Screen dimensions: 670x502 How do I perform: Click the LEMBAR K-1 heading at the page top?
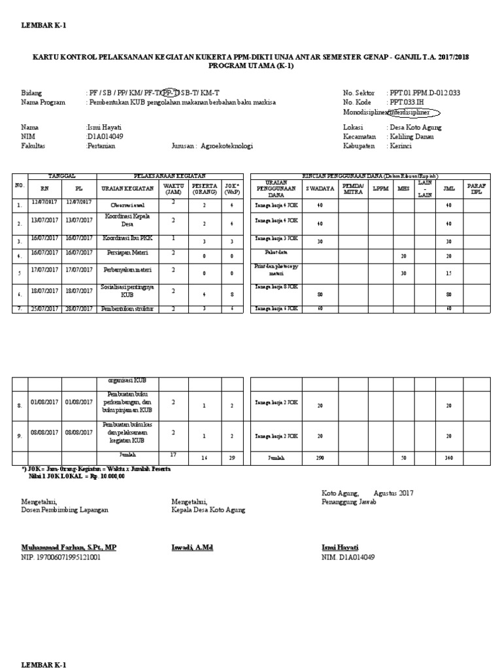(44, 26)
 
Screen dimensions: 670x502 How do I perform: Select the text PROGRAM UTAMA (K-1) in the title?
(250, 66)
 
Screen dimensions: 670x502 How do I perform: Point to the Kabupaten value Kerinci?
(402, 147)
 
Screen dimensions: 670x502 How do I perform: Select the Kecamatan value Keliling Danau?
(411, 137)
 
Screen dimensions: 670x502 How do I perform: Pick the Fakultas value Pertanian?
(101, 147)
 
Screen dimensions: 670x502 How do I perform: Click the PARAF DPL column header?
(476, 190)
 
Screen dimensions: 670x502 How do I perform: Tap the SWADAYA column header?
(320, 189)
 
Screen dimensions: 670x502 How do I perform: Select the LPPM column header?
(380, 189)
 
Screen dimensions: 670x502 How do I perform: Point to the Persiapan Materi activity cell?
(127, 252)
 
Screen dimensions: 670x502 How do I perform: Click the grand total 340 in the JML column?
(448, 458)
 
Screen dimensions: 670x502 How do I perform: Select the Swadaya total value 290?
(320, 458)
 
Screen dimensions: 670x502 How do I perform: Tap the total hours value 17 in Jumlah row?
(173, 454)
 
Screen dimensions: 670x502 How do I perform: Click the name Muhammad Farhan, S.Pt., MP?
(69, 547)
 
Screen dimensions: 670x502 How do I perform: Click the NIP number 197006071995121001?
(61, 557)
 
